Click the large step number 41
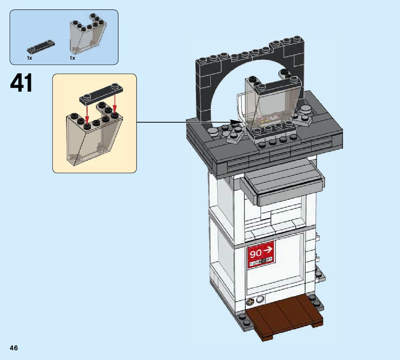tap(22, 83)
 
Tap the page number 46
tap(14, 348)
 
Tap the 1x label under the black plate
tap(30, 58)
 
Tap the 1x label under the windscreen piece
tap(72, 58)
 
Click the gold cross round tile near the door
tap(250, 302)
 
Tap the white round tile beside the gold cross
tap(260, 300)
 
